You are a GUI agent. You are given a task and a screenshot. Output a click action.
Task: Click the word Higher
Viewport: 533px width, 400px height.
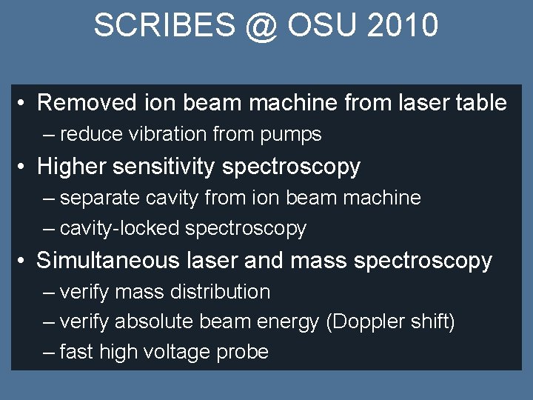pos(72,166)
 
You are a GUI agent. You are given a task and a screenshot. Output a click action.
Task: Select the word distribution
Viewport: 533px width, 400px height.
pos(220,292)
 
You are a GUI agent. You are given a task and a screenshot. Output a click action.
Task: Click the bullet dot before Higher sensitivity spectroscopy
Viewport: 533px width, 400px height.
pos(24,167)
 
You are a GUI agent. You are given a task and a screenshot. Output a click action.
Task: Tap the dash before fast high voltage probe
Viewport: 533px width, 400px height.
pos(49,353)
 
